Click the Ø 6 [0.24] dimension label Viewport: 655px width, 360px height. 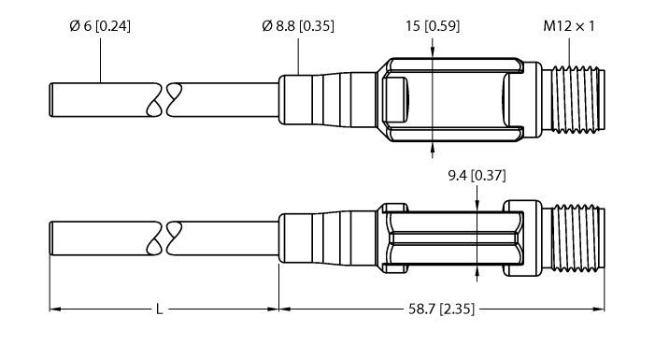[x=99, y=26]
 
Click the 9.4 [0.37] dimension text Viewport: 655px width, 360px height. [x=477, y=177]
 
